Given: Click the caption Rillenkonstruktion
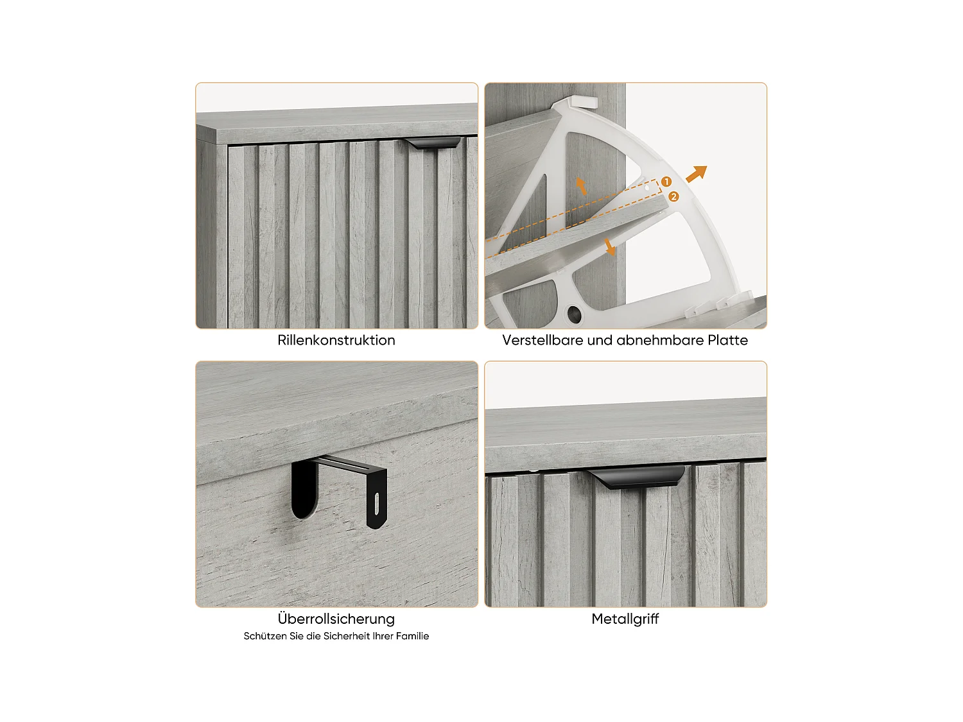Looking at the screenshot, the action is click(x=336, y=340).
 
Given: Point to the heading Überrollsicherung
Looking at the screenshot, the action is click(x=336, y=618).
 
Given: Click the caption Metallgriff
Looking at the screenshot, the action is click(x=625, y=619).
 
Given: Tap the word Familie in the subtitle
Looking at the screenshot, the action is click(x=412, y=635).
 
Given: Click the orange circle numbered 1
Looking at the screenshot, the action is click(x=666, y=182).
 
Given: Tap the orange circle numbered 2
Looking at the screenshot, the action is click(x=673, y=196).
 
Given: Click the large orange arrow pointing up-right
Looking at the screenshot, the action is click(x=697, y=173).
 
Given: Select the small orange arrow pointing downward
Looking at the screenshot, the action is click(x=609, y=247).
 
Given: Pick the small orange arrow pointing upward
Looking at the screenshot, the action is click(x=581, y=186).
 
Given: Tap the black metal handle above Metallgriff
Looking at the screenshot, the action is click(x=636, y=477).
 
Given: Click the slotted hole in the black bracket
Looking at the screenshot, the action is click(x=376, y=504).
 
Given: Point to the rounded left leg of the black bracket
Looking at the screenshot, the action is click(x=304, y=489).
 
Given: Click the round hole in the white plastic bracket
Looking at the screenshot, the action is click(x=575, y=314).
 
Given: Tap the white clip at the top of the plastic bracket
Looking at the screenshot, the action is click(x=582, y=102).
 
